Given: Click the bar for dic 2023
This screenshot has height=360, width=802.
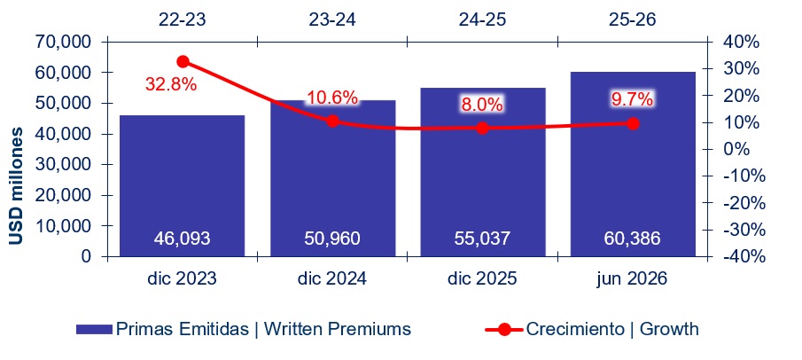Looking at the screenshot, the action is (182, 185).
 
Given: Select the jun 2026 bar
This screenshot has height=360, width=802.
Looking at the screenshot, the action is (633, 164).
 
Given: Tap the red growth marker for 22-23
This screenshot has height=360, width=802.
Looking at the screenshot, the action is (183, 62).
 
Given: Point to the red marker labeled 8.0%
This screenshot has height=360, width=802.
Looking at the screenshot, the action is (482, 128).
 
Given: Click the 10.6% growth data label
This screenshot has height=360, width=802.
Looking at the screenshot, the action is (332, 98).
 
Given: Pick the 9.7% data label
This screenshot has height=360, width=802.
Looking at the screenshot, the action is (633, 98).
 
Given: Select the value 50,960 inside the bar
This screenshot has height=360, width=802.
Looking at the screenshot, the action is (332, 239).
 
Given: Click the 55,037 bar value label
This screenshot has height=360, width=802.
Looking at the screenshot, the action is (482, 239).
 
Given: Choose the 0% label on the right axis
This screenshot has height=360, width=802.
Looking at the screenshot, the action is (735, 150).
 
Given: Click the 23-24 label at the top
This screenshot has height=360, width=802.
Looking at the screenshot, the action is (332, 19).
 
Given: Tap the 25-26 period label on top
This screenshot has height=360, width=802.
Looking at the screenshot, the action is (633, 19).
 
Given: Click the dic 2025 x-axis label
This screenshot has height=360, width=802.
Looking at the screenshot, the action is (482, 279).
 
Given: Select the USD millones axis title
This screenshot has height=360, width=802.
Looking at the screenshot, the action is (16, 186).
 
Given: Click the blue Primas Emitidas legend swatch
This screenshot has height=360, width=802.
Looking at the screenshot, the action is (94, 329).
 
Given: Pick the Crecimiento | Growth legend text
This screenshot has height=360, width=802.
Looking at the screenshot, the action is (612, 329).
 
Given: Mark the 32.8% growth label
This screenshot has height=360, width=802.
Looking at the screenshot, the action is (171, 84).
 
